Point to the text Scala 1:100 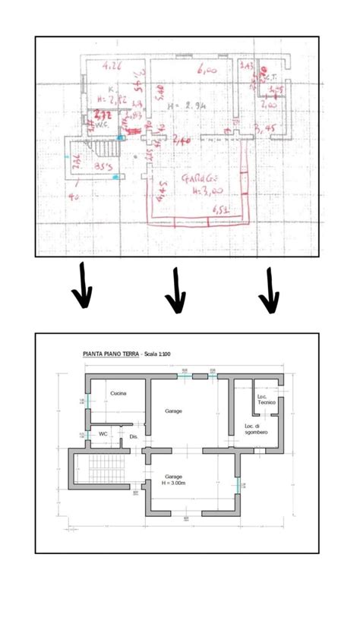coord(159,354)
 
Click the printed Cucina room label coord(118,393)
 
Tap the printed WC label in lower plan coord(103,433)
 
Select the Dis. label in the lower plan coord(134,436)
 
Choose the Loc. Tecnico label coord(266,399)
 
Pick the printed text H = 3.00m coord(175,483)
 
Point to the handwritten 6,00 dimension coord(205,70)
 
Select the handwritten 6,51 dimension coord(220,209)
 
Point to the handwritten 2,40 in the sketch coord(182,140)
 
